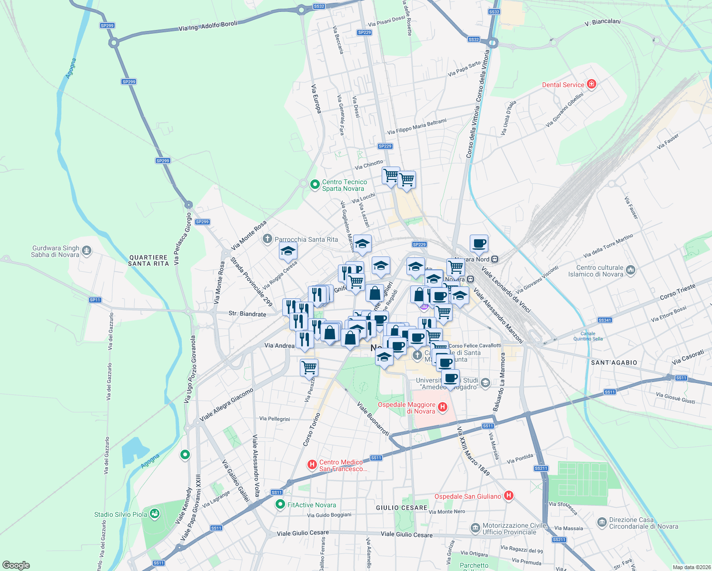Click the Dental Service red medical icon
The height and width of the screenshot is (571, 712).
pyautogui.click(x=592, y=84)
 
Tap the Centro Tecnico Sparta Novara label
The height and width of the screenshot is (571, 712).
pyautogui.click(x=345, y=185)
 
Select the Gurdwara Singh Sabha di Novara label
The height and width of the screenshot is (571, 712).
pyautogui.click(x=55, y=251)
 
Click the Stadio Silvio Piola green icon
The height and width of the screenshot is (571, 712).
pyautogui.click(x=154, y=514)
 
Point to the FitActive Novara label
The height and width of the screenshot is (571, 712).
pyautogui.click(x=312, y=505)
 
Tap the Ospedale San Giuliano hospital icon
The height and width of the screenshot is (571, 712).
pyautogui.click(x=509, y=496)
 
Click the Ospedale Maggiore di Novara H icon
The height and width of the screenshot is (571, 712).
pyautogui.click(x=443, y=407)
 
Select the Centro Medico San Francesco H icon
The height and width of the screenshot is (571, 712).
pyautogui.click(x=312, y=464)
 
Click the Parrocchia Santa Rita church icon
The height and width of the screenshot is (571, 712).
pyautogui.click(x=268, y=238)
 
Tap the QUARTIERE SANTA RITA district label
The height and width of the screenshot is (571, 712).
pyautogui.click(x=148, y=260)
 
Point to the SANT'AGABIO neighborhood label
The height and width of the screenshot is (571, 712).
pyautogui.click(x=613, y=363)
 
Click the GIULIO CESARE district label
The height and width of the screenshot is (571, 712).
pyautogui.click(x=401, y=508)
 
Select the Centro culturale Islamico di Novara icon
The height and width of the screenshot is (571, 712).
pyautogui.click(x=631, y=270)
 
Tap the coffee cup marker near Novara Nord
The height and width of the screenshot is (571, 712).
pyautogui.click(x=479, y=244)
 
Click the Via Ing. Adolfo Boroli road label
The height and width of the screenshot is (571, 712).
pyautogui.click(x=208, y=26)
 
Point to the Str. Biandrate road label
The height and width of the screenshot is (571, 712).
pyautogui.click(x=247, y=314)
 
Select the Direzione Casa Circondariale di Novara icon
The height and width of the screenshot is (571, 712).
pyautogui.click(x=602, y=522)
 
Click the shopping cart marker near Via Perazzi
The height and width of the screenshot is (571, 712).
pyautogui.click(x=309, y=367)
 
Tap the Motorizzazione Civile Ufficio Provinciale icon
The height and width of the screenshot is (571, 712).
pyautogui.click(x=475, y=528)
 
